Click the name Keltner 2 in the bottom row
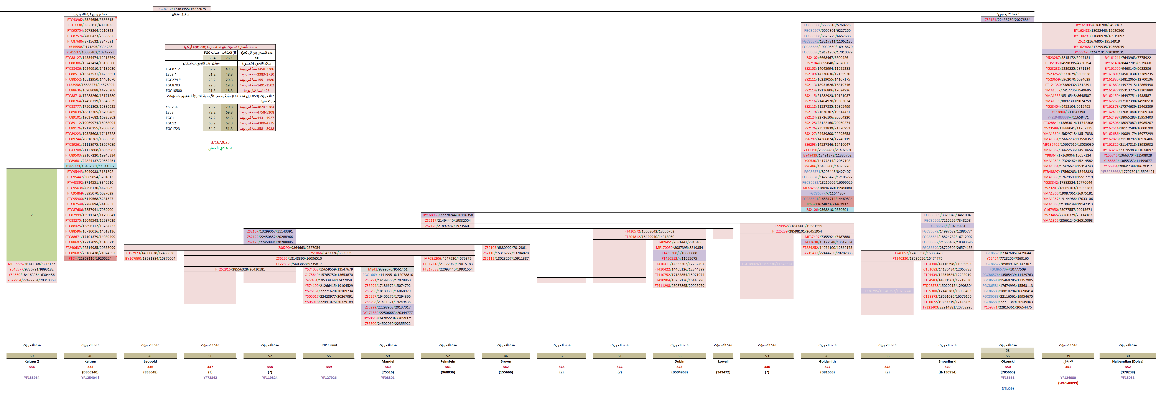coord(31,361)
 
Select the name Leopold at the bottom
coord(150,361)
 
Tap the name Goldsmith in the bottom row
coord(827,361)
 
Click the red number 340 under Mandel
coord(388,367)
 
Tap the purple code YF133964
coord(31,378)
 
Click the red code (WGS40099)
coord(1068,383)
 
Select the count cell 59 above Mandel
coord(388,356)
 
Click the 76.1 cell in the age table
coord(229,58)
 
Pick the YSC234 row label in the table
coord(172,107)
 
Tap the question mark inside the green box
coord(31,215)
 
